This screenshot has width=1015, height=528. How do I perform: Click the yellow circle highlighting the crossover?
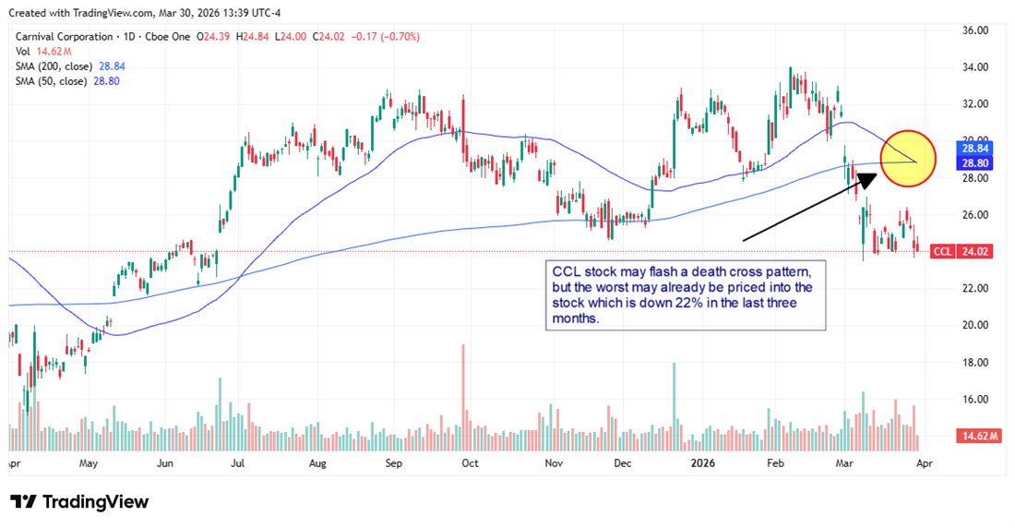coord(909,159)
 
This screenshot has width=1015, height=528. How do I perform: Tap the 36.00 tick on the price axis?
coord(975,30)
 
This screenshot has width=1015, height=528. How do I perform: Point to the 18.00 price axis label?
coord(975,363)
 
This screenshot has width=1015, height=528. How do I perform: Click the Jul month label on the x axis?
coord(237,462)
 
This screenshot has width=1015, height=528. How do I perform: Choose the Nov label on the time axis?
coord(555,462)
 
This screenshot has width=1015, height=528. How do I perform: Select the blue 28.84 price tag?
coord(975,148)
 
